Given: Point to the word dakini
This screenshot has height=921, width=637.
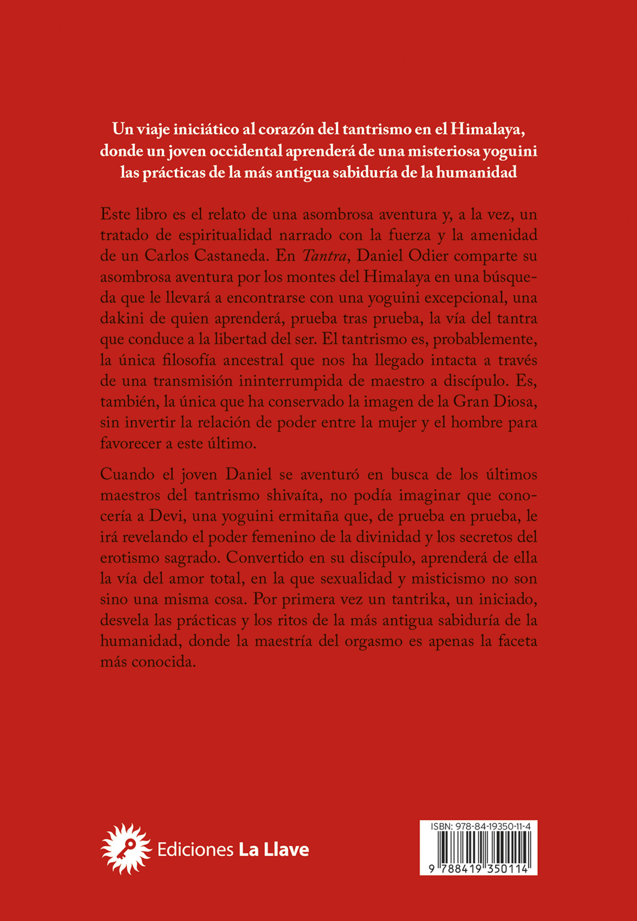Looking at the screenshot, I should (x=122, y=319).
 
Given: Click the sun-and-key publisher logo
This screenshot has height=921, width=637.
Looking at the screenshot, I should (x=126, y=849).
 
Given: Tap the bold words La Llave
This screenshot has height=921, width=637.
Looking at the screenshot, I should (x=274, y=849).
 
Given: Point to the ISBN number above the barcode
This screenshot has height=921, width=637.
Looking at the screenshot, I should (x=478, y=826).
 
